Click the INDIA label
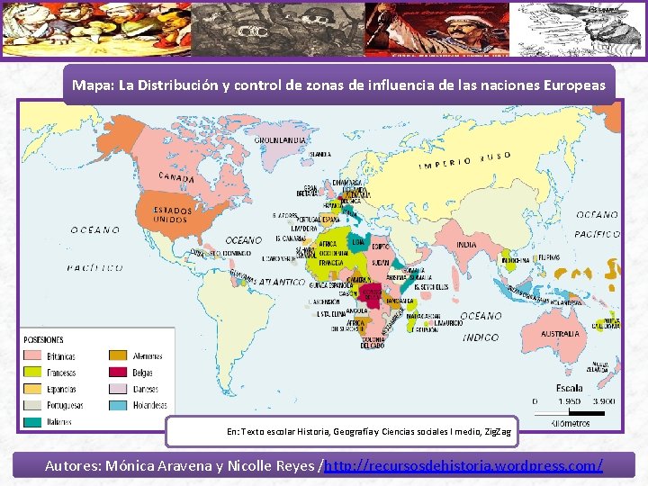467,244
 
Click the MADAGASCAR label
423,316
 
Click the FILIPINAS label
573,257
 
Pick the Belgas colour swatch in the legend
118,372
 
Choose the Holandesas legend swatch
118,406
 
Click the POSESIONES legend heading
45,339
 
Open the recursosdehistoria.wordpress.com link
463,465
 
